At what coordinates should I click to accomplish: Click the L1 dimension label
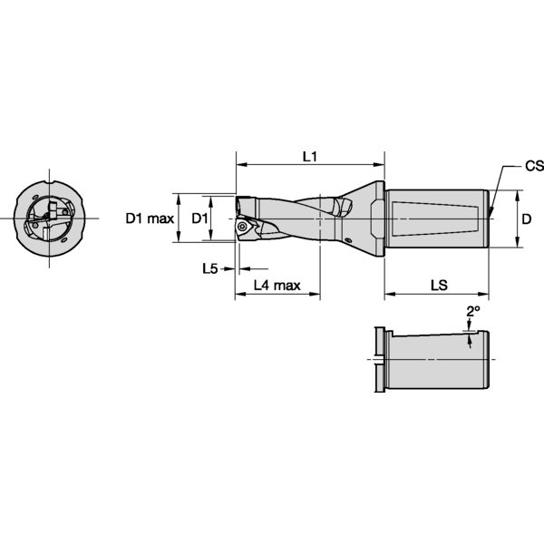pyautogui.click(x=309, y=156)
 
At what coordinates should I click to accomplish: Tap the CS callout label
pyautogui.click(x=534, y=167)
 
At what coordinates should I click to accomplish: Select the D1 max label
pyautogui.click(x=150, y=219)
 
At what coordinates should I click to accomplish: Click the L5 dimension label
pyautogui.click(x=209, y=268)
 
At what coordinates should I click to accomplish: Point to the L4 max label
pyautogui.click(x=277, y=286)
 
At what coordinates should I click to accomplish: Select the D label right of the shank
pyautogui.click(x=528, y=219)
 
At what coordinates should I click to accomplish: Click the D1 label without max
pyautogui.click(x=200, y=219)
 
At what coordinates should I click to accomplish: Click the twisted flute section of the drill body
pyautogui.click(x=299, y=219)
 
